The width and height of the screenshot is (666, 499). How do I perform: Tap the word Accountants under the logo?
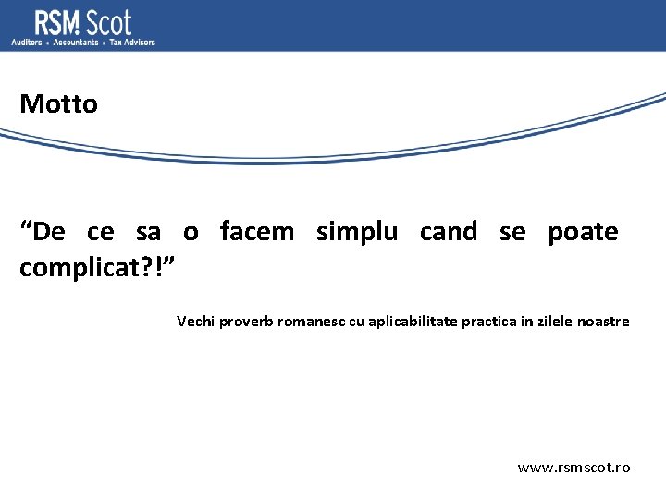click(x=76, y=43)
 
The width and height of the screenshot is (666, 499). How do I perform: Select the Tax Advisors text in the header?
click(x=132, y=43)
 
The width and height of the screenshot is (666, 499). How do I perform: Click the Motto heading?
click(x=58, y=103)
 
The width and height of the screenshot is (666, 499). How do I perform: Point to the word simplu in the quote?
click(x=357, y=232)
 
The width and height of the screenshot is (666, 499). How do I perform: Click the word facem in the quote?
click(x=256, y=231)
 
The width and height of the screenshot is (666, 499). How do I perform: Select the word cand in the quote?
click(x=449, y=231)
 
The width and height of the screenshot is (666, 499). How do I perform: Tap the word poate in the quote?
click(x=583, y=232)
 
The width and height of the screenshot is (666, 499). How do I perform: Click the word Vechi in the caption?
click(x=195, y=322)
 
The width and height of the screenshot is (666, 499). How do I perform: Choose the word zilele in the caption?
click(x=554, y=322)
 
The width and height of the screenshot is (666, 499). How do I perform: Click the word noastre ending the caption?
click(x=603, y=322)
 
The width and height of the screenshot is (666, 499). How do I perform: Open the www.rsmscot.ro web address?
click(x=573, y=468)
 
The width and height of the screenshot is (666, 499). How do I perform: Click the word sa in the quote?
click(x=148, y=232)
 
